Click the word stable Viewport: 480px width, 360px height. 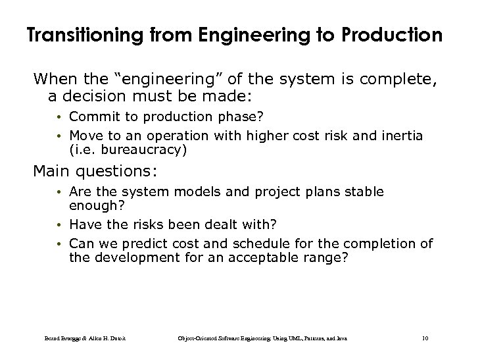[364, 192]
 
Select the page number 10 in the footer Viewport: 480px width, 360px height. [425, 338]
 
